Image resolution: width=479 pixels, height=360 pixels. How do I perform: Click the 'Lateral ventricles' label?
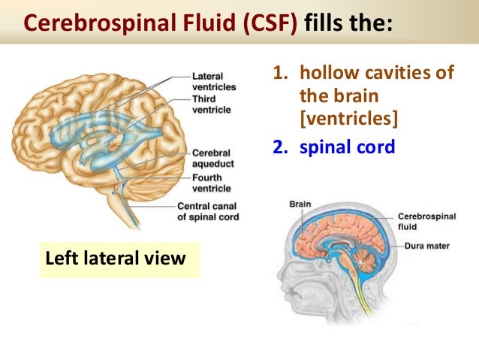click(213, 81)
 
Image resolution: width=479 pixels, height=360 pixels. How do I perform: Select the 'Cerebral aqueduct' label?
click(212, 158)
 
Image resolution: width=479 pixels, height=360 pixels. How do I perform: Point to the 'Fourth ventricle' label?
click(212, 183)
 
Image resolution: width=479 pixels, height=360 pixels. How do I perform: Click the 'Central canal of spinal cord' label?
click(208, 212)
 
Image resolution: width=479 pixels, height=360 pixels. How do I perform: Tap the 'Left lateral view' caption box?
click(116, 259)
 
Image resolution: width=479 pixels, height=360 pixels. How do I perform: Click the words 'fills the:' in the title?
click(347, 22)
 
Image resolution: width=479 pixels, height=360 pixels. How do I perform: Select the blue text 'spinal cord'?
click(347, 147)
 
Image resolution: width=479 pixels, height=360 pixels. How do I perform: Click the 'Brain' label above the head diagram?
click(300, 204)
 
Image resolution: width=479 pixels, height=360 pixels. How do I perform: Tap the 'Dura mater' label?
click(426, 245)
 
